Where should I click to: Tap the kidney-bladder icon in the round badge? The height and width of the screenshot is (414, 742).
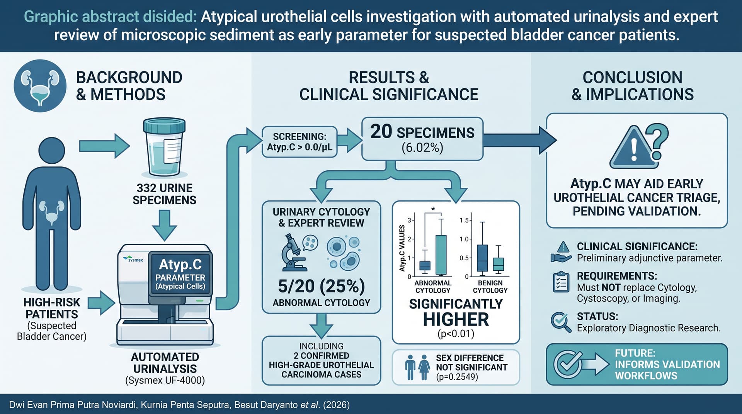40,86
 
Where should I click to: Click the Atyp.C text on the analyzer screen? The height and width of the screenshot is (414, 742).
180,264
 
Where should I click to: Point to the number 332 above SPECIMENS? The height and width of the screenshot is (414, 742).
145,188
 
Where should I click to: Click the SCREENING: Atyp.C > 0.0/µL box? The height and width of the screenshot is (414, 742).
300,142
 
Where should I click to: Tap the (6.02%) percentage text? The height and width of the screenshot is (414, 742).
422,148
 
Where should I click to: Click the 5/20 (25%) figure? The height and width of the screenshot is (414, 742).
322,286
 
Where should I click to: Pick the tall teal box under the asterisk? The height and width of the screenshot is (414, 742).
441,255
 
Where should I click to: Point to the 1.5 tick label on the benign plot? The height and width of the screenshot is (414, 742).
464,220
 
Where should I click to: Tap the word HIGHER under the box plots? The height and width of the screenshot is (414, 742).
456,319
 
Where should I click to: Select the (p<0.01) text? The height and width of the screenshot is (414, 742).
456,334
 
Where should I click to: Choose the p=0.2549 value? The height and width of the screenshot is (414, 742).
457,377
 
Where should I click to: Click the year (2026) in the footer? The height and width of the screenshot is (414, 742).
336,405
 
